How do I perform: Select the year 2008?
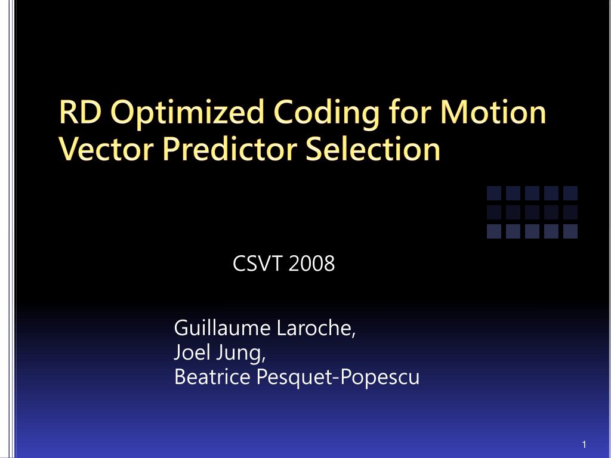coord(311,263)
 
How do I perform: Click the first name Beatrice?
coord(212,377)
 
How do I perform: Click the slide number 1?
coord(584,445)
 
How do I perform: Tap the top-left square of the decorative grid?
coord(494,193)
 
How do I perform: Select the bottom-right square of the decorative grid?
coord(570,231)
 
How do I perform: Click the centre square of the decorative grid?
coord(532,212)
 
